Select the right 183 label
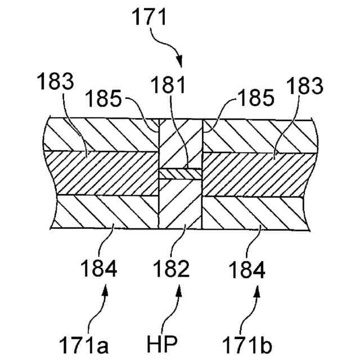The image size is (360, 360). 304,87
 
